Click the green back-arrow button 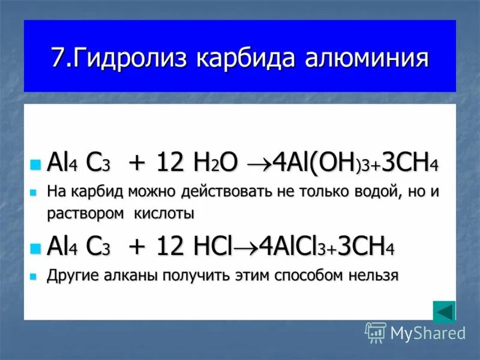click(444, 312)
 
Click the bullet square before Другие click(35, 277)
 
